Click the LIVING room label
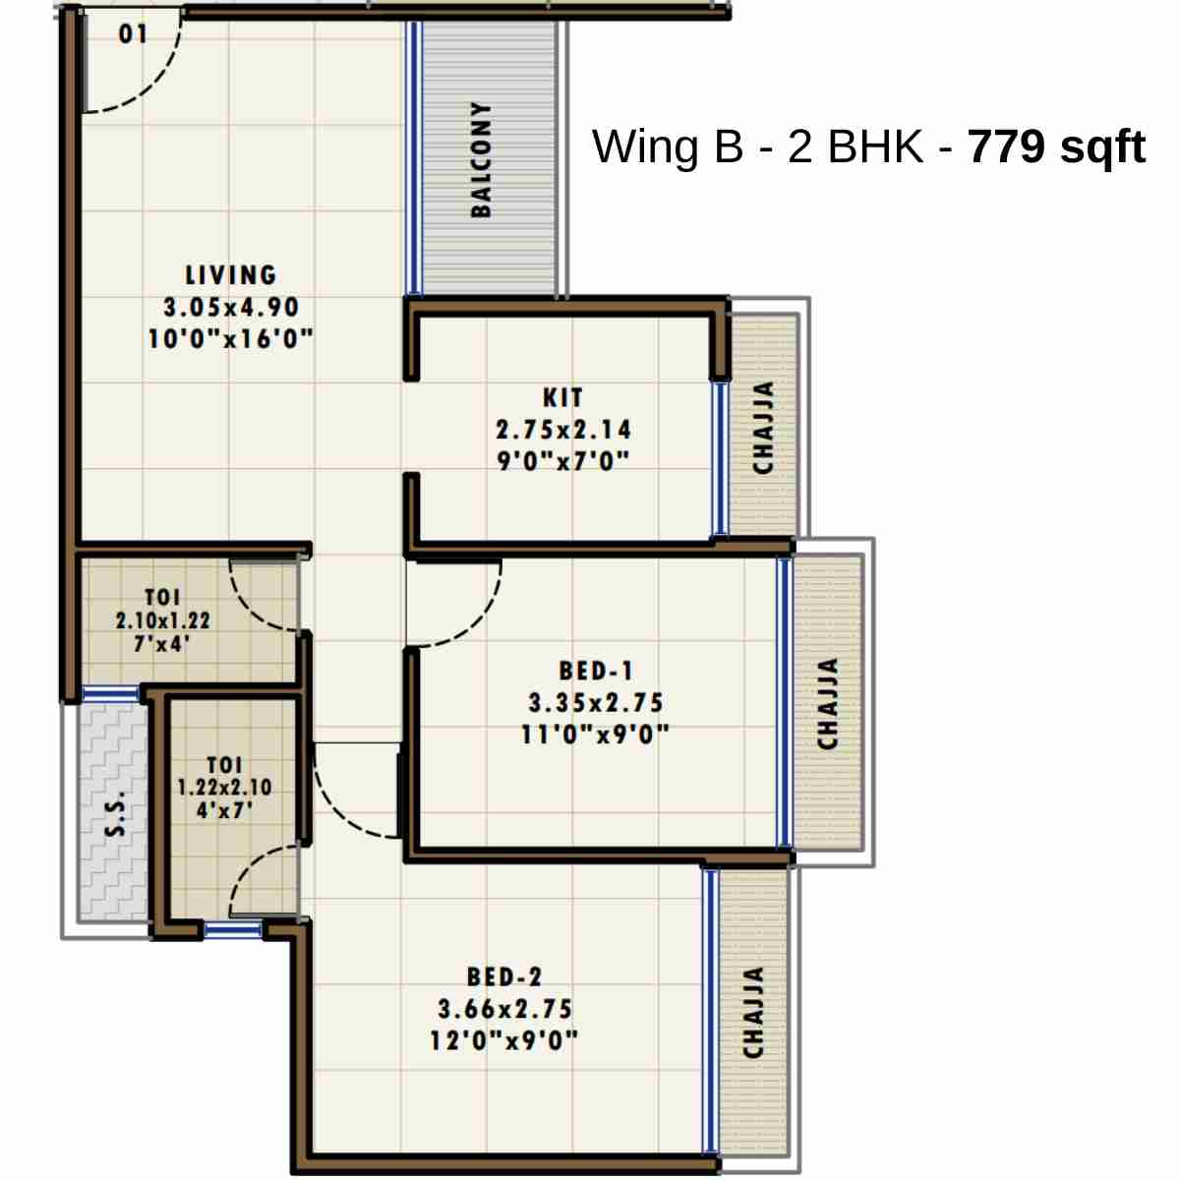tap(231, 274)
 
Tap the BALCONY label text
tap(481, 159)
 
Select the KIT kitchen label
tap(562, 398)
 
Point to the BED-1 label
tap(596, 672)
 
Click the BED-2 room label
tap(504, 977)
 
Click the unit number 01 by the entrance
tap(133, 34)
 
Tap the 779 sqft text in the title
tap(1057, 147)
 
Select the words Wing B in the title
tap(668, 147)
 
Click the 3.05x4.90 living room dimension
tap(231, 307)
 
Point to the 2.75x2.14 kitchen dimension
tap(563, 430)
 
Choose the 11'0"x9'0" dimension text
tap(596, 735)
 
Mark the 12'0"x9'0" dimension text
tap(504, 1040)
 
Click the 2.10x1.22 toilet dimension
tap(163, 621)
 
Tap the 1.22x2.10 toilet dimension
tap(224, 788)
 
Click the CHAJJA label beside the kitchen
tap(763, 428)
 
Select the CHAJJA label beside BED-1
tap(828, 704)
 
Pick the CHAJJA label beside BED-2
tap(753, 1012)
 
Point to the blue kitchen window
tap(720, 458)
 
